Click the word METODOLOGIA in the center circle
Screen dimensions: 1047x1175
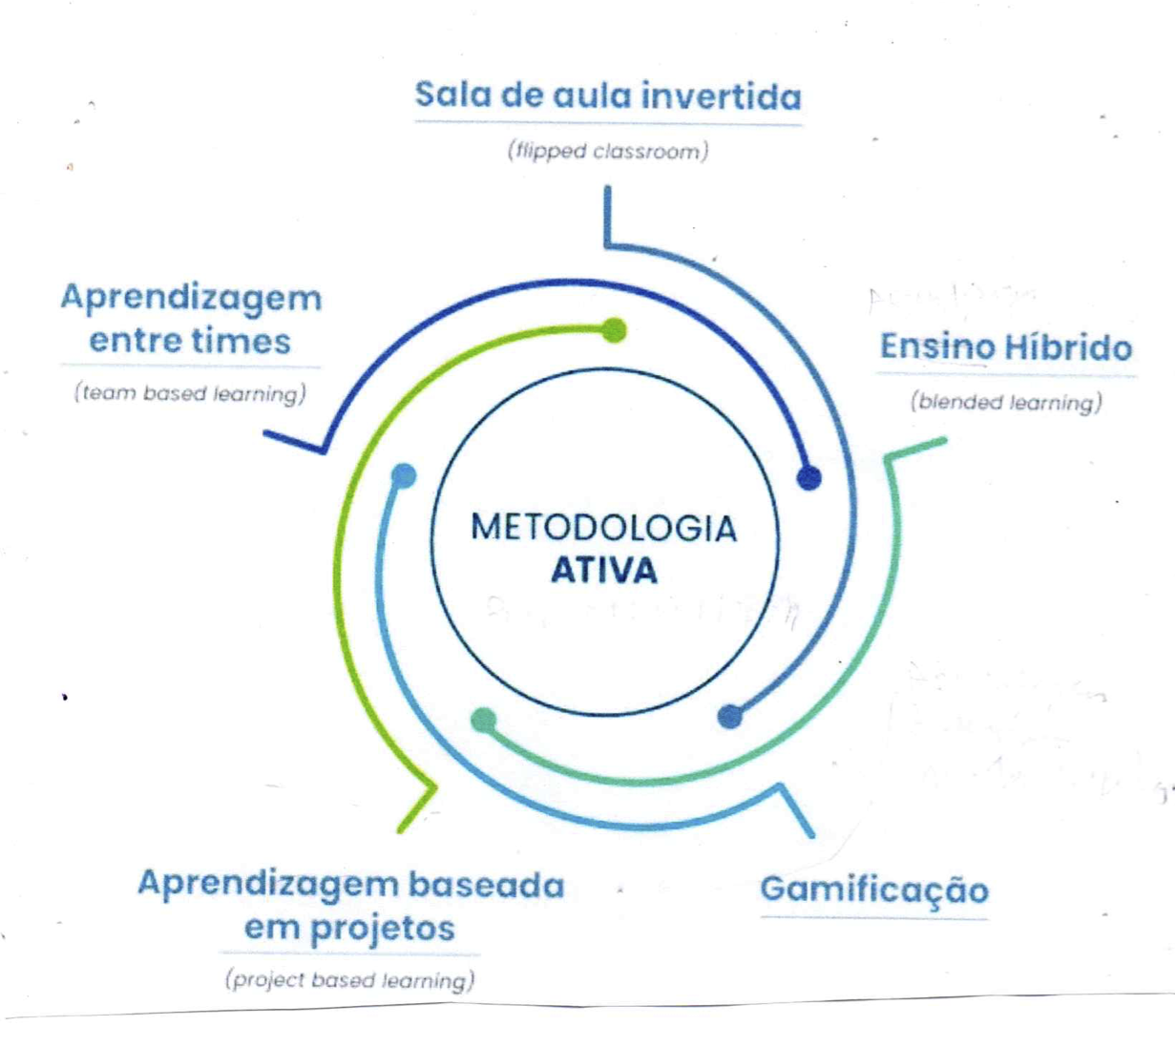[x=603, y=528]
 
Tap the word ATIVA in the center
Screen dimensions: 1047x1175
[x=603, y=571]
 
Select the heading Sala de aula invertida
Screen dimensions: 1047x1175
[x=608, y=96]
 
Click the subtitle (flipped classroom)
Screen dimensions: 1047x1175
[x=608, y=151]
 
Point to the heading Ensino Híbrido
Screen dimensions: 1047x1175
[x=1005, y=346]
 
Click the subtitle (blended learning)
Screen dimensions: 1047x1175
[x=1006, y=402]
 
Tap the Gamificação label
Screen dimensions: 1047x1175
[x=874, y=890]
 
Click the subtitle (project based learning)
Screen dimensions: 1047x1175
[x=349, y=980]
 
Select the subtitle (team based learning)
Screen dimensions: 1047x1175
[x=191, y=393]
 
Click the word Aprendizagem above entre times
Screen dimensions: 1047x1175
[x=191, y=298]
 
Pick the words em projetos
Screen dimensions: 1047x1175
[x=349, y=928]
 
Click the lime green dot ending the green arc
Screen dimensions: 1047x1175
[x=615, y=330]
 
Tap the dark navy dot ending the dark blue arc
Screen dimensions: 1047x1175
[x=808, y=477]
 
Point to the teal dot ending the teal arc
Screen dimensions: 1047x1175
[x=484, y=720]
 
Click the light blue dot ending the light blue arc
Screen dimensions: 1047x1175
[x=404, y=475]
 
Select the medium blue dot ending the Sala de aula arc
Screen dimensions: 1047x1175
[x=729, y=716]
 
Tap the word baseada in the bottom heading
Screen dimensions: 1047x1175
[x=486, y=885]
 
